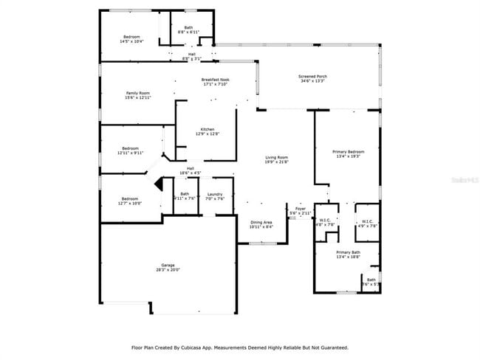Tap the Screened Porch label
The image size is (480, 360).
coord(313,76)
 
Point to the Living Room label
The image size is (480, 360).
coord(277,157)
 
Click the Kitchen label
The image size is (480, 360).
coord(207,129)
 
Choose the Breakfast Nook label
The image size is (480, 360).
coord(216,80)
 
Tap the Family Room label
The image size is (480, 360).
coord(138,93)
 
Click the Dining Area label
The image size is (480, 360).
coord(262,222)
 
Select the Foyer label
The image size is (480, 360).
coord(301,209)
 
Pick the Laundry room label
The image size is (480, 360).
coord(215,194)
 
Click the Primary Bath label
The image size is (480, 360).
coord(346,252)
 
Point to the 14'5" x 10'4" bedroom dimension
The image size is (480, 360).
coord(131,41)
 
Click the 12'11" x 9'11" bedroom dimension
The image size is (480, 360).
coord(131,153)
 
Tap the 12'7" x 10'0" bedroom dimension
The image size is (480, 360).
coord(130,203)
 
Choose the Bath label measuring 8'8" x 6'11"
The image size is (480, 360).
coord(189,32)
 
